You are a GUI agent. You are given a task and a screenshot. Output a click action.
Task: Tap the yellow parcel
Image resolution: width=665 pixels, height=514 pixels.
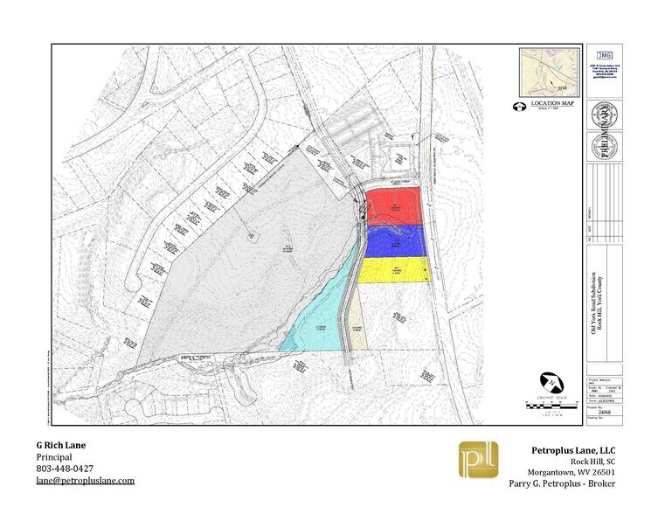(395, 269)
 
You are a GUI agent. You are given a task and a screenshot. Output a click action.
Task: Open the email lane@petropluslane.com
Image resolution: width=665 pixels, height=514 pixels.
(85, 481)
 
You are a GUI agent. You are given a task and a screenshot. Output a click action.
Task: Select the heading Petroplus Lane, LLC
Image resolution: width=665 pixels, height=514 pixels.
(575, 449)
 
